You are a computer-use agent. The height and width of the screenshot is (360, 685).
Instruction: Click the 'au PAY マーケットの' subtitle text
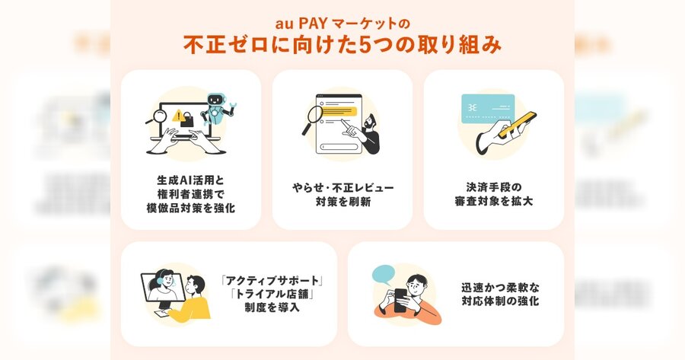pos(342,23)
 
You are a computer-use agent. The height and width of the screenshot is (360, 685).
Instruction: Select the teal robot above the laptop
pos(216,110)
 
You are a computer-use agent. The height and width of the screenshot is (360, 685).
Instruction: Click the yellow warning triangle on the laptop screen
pos(178,116)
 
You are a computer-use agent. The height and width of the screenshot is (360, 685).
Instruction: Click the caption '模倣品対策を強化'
pos(190,208)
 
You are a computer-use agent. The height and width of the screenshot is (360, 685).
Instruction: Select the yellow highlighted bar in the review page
pos(339,111)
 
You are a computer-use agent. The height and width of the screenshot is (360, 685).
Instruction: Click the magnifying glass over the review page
pos(312,119)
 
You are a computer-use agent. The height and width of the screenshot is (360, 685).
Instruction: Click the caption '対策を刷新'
pos(343,202)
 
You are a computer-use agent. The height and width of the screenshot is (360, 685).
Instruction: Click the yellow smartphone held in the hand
pos(518,125)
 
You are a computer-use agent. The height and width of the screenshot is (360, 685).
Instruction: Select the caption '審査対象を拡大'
pos(494,202)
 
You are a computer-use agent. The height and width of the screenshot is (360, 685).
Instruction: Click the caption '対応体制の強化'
pos(500,301)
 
